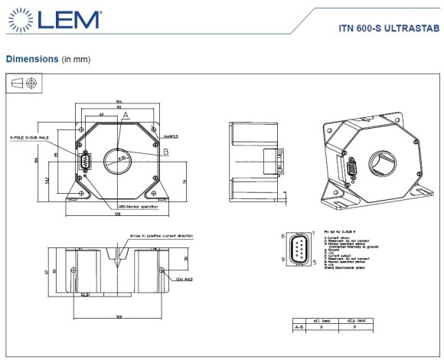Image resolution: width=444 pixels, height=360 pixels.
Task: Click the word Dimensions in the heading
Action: click(x=31, y=58)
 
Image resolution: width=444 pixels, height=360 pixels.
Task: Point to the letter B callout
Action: click(x=165, y=152)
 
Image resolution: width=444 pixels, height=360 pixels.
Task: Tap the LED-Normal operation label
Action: click(x=139, y=206)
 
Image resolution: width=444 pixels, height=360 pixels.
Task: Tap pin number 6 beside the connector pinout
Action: click(x=283, y=237)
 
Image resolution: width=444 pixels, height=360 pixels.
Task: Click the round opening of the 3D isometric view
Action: click(x=380, y=163)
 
